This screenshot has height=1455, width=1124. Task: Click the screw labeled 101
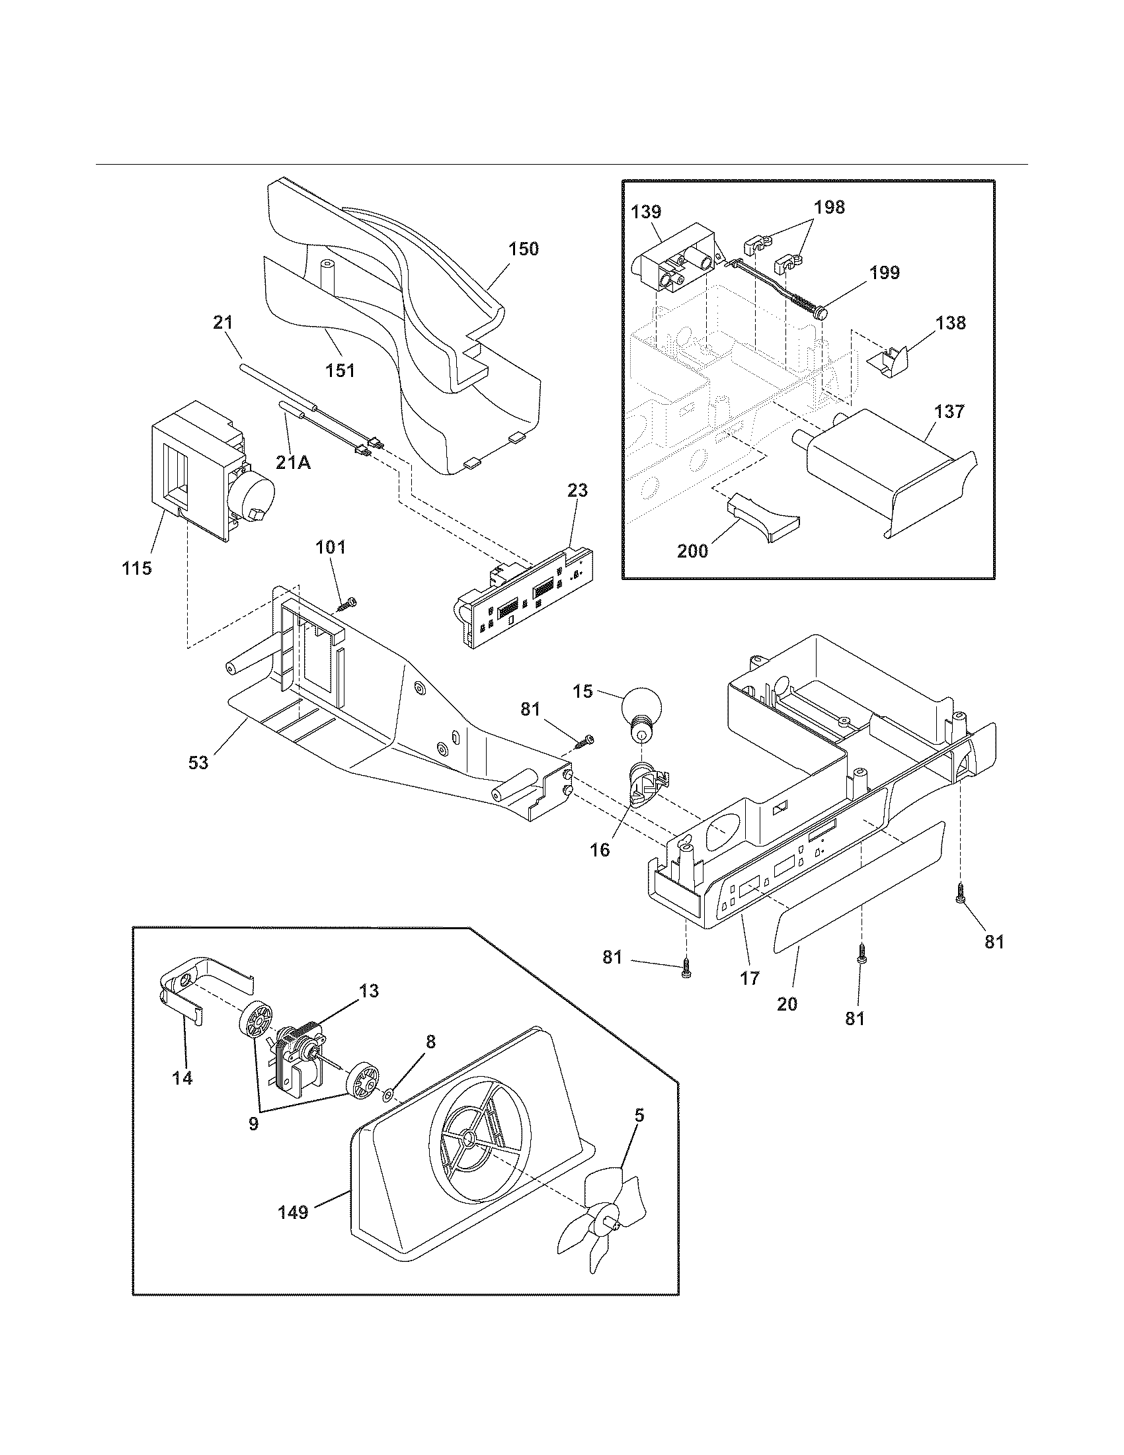(x=347, y=605)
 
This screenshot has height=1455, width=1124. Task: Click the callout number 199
(x=883, y=272)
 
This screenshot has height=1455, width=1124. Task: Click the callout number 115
(x=137, y=568)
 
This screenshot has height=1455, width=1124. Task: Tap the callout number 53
(x=198, y=762)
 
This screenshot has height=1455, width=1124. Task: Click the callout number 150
(x=524, y=249)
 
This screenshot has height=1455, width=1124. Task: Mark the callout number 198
(x=829, y=207)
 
